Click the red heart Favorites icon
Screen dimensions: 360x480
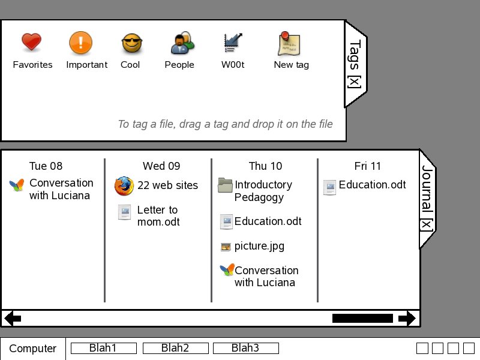(31, 43)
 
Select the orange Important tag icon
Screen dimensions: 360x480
(80, 43)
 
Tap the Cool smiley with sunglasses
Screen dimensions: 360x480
(131, 43)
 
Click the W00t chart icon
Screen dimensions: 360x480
(232, 43)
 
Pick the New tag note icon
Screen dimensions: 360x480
(289, 43)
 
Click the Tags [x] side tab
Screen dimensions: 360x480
(355, 65)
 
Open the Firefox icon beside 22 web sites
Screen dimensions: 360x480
(124, 186)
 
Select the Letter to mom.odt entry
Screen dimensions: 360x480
(158, 216)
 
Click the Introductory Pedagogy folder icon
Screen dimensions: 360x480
(226, 185)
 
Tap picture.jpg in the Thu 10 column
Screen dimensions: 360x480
(259, 246)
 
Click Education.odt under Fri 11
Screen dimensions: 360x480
(372, 185)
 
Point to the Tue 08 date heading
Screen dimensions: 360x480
(46, 166)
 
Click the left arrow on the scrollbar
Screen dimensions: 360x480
(13, 319)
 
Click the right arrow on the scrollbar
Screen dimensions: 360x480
(407, 319)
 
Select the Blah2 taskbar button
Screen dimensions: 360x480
(175, 348)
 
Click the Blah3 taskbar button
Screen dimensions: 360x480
(245, 348)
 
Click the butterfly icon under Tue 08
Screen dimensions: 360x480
(17, 185)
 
